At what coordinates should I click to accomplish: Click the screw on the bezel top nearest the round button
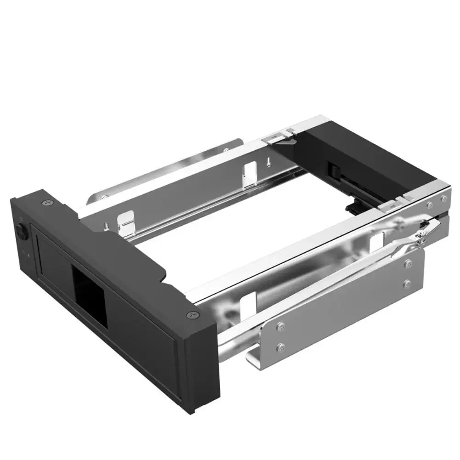[x=46, y=202]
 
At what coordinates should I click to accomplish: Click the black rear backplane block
[x=363, y=156]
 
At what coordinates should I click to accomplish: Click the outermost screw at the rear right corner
[x=444, y=198]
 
